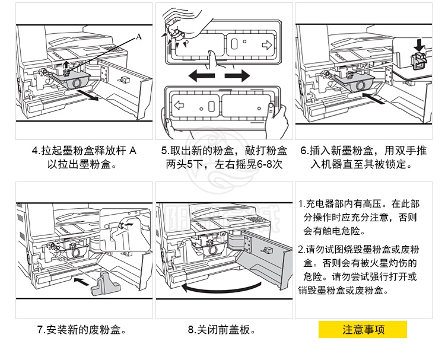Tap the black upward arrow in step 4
66,63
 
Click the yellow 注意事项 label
363,330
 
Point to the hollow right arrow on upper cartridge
266,44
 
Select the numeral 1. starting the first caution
301,204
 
